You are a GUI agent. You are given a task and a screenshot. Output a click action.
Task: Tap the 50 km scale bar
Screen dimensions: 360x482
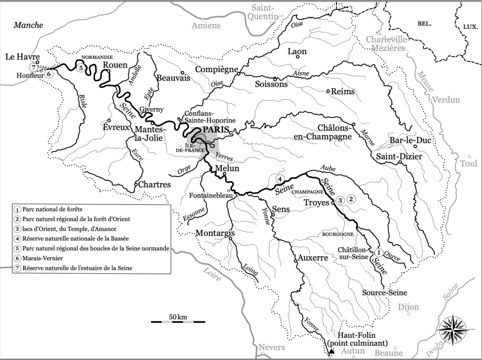(178, 321)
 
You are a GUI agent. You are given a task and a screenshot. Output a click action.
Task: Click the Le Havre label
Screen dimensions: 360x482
(21, 57)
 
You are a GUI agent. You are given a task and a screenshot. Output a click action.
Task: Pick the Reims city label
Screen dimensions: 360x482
(343, 91)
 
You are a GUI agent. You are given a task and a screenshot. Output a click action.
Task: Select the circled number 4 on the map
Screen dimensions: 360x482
(279, 179)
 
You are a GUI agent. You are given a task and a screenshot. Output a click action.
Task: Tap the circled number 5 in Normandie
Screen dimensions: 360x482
(81, 68)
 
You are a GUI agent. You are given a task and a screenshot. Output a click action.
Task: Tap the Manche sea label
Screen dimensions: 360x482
(28, 25)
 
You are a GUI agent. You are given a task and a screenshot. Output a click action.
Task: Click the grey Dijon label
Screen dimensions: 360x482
(408, 307)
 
